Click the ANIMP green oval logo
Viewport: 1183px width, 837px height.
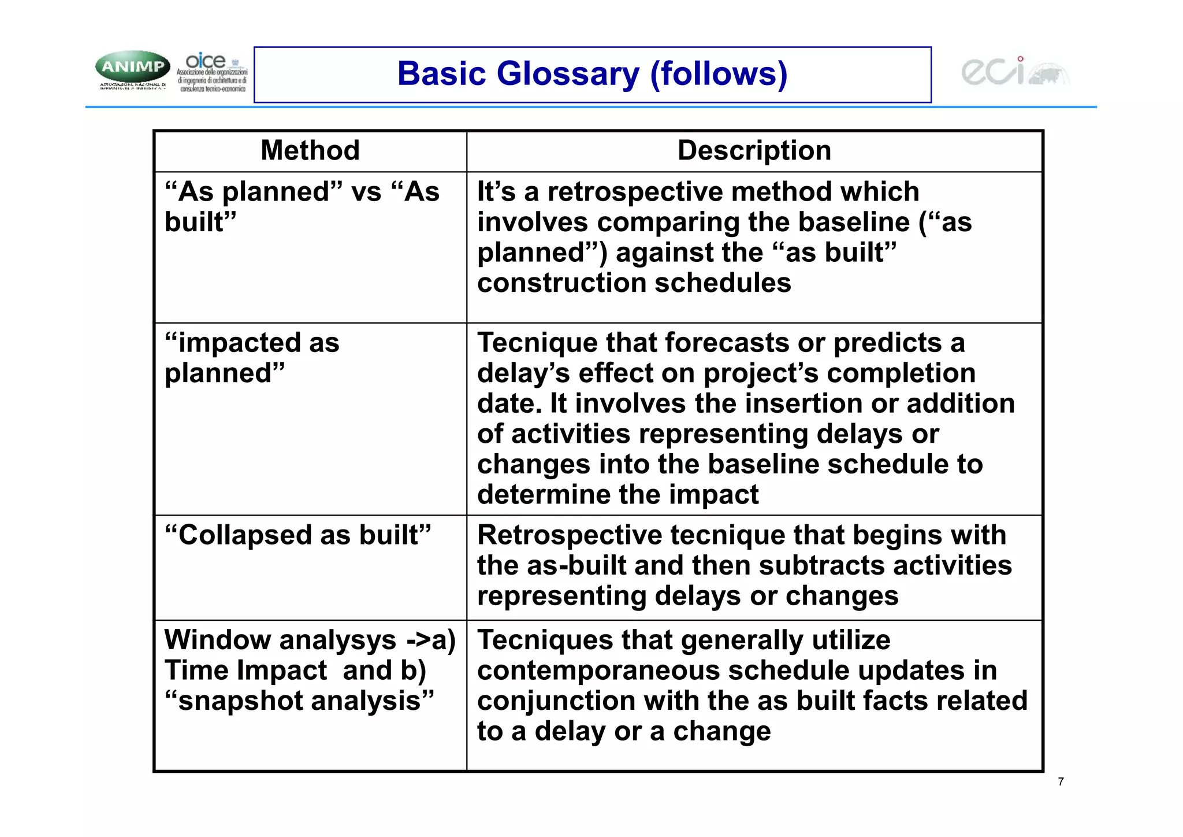(x=133, y=67)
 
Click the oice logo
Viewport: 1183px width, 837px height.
(x=212, y=72)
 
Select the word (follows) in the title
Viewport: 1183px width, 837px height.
(x=719, y=74)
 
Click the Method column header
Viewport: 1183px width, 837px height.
(x=310, y=151)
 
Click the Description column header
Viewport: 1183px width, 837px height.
(x=754, y=151)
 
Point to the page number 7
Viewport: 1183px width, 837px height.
(x=1061, y=782)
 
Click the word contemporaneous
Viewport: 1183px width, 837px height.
(x=598, y=671)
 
